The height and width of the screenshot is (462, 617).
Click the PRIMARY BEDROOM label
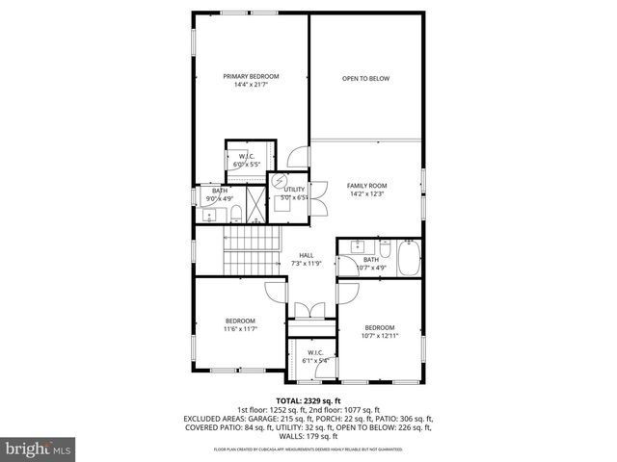251,76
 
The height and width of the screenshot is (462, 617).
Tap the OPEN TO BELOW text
365,79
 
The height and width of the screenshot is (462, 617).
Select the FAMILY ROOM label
366,185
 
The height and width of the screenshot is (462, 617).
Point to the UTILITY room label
294,190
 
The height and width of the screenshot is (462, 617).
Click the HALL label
307,255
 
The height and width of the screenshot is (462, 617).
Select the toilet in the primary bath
234,213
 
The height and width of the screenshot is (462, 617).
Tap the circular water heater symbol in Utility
281,180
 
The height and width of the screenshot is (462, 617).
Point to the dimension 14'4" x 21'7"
251,85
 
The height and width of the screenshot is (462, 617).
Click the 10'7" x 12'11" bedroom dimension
379,336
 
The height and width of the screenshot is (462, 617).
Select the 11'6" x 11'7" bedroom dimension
240,329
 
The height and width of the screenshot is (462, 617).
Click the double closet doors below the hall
310,314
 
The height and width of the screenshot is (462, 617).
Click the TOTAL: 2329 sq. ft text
308,400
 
